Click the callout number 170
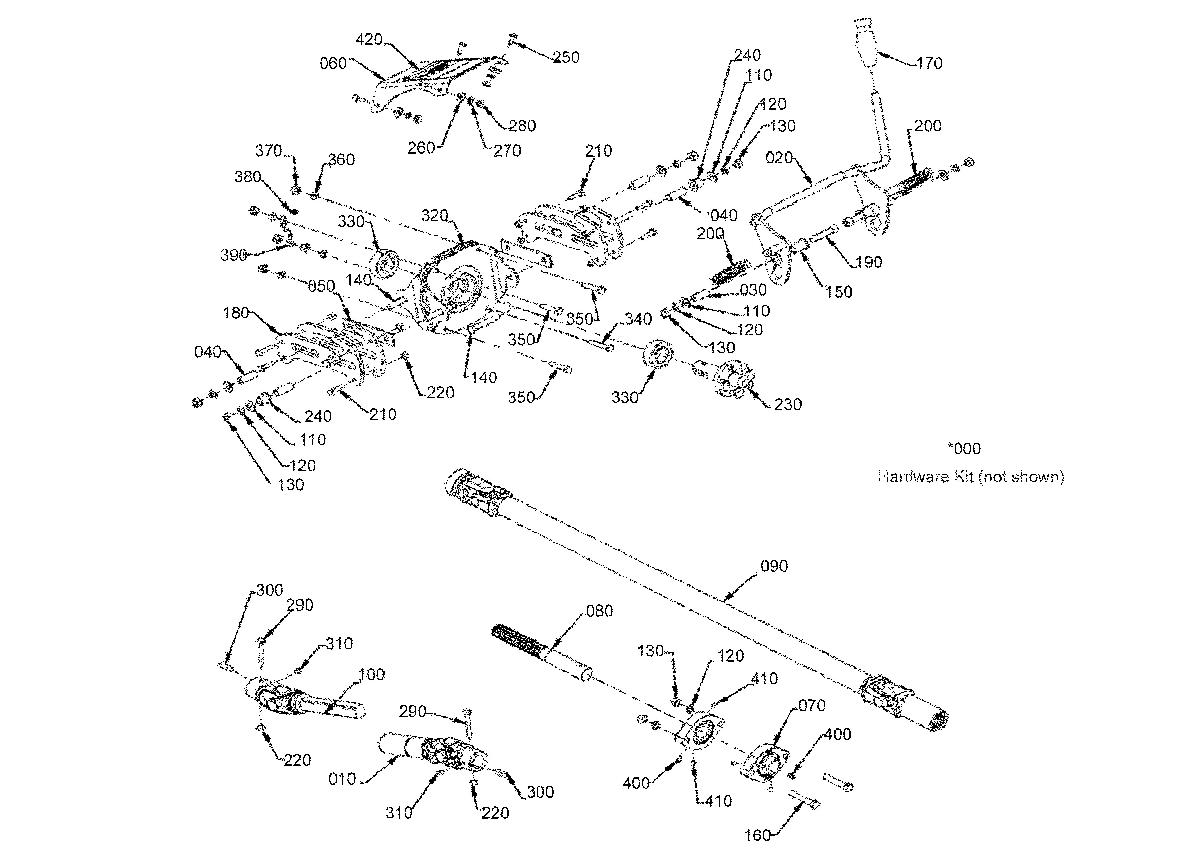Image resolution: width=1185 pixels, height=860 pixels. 929,63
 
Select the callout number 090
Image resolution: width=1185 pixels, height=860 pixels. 774,566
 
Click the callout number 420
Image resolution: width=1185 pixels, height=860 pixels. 369,40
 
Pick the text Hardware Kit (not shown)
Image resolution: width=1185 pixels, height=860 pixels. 971,477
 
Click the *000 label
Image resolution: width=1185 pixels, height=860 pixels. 964,448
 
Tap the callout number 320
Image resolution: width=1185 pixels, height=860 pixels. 435,215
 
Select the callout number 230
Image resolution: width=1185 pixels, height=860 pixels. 788,404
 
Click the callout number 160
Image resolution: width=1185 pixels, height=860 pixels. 758,835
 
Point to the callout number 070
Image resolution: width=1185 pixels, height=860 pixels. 812,705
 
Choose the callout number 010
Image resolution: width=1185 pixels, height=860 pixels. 342,779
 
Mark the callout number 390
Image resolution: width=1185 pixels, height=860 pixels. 233,255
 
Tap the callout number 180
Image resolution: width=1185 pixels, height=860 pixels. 236,313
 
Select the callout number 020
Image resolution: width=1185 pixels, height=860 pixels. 779,158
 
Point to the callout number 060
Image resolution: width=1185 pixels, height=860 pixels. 333,63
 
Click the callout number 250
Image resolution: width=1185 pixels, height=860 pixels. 566,57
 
